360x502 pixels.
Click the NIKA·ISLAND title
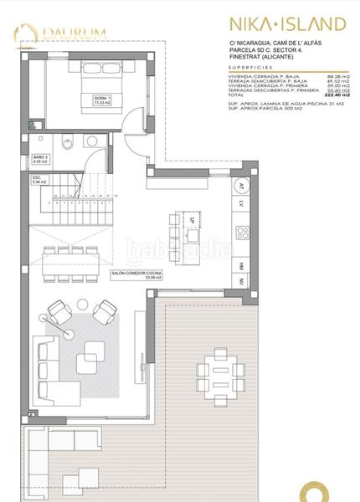(286, 23)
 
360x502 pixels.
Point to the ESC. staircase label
(39, 178)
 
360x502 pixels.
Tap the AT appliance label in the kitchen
(241, 185)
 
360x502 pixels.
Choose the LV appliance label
(241, 203)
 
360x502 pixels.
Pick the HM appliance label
(241, 266)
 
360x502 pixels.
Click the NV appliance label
(241, 283)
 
